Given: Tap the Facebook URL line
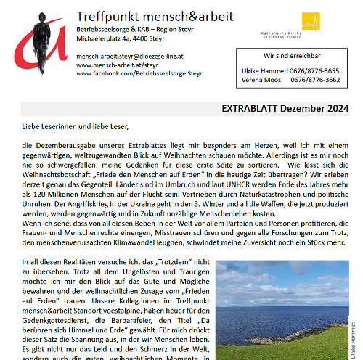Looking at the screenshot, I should [139, 74].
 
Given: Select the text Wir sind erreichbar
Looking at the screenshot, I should [291, 55].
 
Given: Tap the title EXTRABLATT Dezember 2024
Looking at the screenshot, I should [285, 109].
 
